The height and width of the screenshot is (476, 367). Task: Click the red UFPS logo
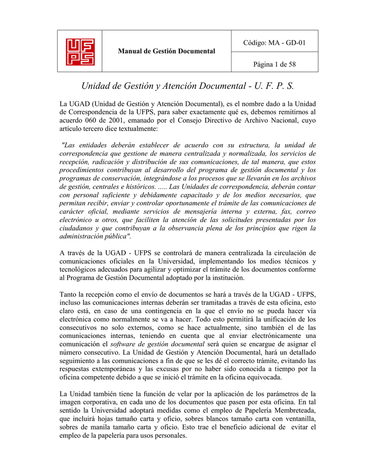pos(80,52)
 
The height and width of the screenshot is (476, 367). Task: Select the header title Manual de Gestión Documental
pos(167,51)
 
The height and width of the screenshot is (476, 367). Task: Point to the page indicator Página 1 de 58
pos(274,64)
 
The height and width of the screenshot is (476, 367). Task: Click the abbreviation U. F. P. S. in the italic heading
pos(273,86)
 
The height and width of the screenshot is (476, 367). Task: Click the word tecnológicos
pos(79,270)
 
